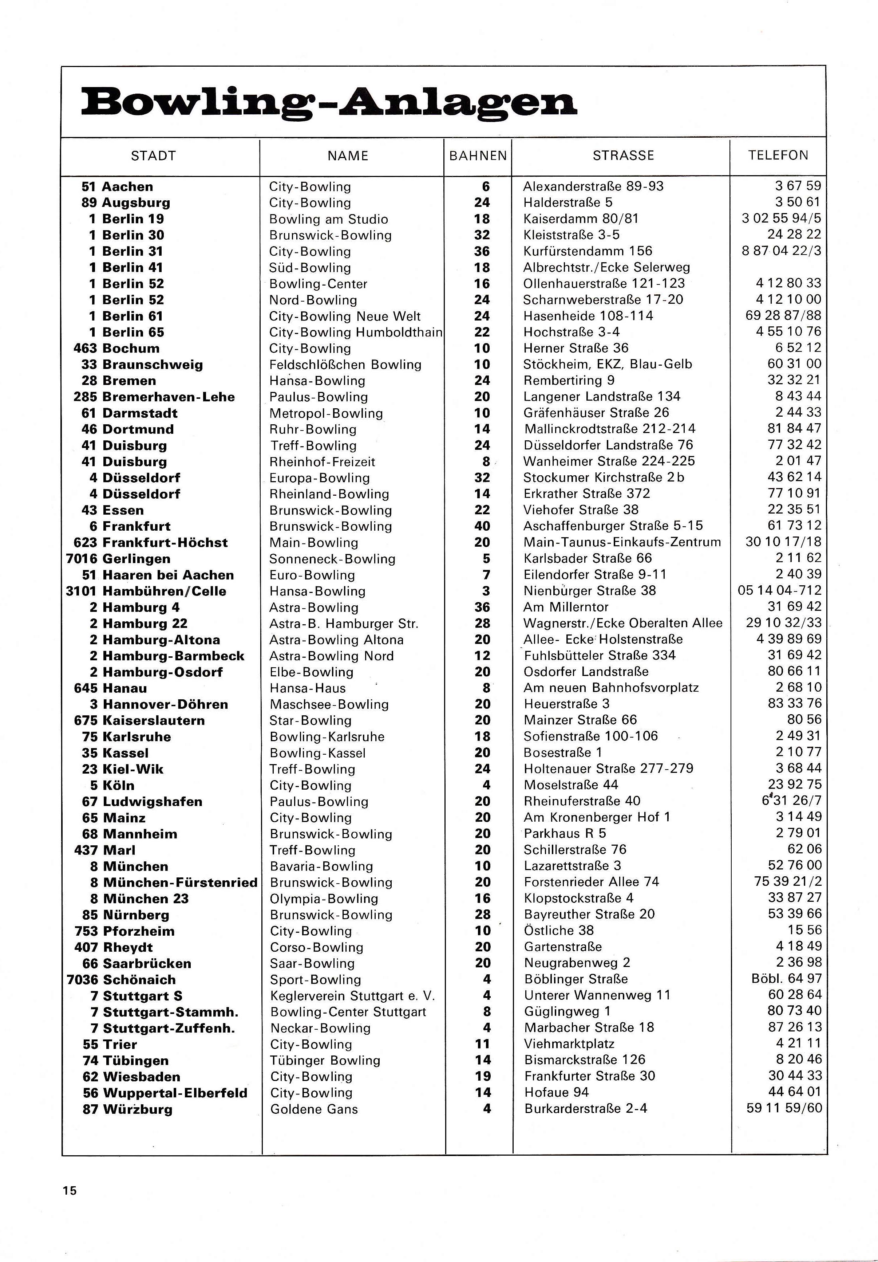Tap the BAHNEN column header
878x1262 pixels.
point(478,156)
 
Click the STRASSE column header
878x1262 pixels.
point(623,156)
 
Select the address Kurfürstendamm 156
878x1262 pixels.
point(588,251)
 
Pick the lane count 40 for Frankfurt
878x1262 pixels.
point(482,526)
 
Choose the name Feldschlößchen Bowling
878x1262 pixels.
point(345,365)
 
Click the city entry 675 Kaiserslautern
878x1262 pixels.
point(139,720)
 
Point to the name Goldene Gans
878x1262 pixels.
point(314,1109)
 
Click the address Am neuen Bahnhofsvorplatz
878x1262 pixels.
point(611,688)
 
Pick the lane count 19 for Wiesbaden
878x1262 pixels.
point(482,1076)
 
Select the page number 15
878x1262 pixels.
point(70,1191)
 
